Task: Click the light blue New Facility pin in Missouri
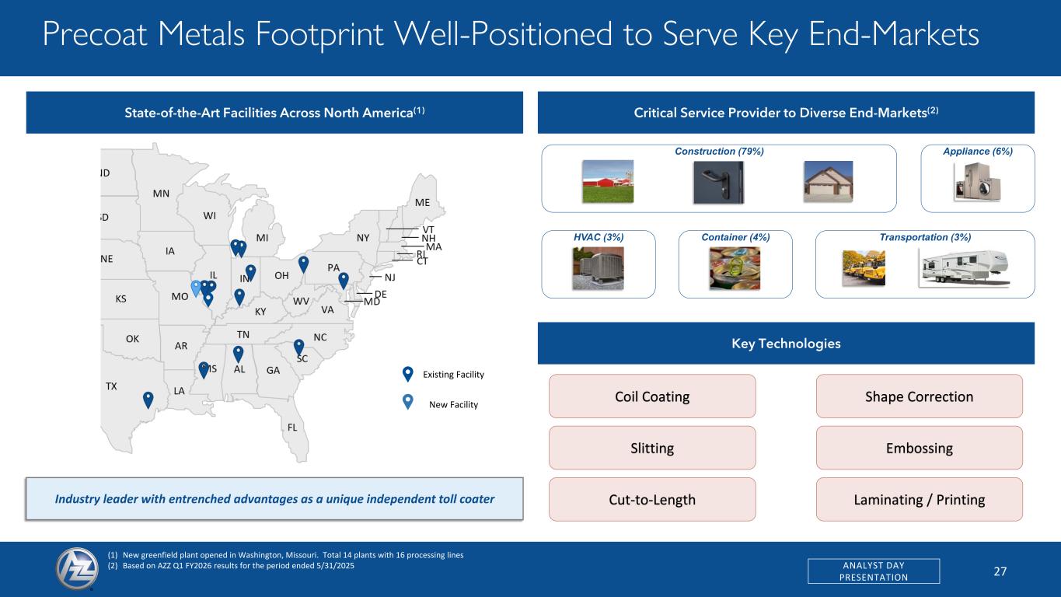[x=196, y=288]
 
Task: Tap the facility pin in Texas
[x=148, y=400]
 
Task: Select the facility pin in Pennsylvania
[x=344, y=281]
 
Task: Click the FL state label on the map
[x=292, y=428]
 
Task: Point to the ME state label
[x=423, y=203]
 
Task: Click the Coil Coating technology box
[x=652, y=396]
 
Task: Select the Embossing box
[x=920, y=448]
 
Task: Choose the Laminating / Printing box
[x=920, y=499]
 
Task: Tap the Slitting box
[x=652, y=448]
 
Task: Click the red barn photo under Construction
[x=608, y=181]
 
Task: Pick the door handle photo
[x=718, y=182]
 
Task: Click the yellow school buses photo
[x=864, y=268]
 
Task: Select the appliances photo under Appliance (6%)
[x=977, y=182]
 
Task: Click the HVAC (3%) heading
[x=599, y=237]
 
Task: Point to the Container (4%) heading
[x=735, y=237]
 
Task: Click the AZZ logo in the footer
[x=77, y=568]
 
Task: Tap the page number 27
[x=1000, y=571]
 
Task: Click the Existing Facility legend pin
[x=408, y=375]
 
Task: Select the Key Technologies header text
[x=787, y=344]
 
